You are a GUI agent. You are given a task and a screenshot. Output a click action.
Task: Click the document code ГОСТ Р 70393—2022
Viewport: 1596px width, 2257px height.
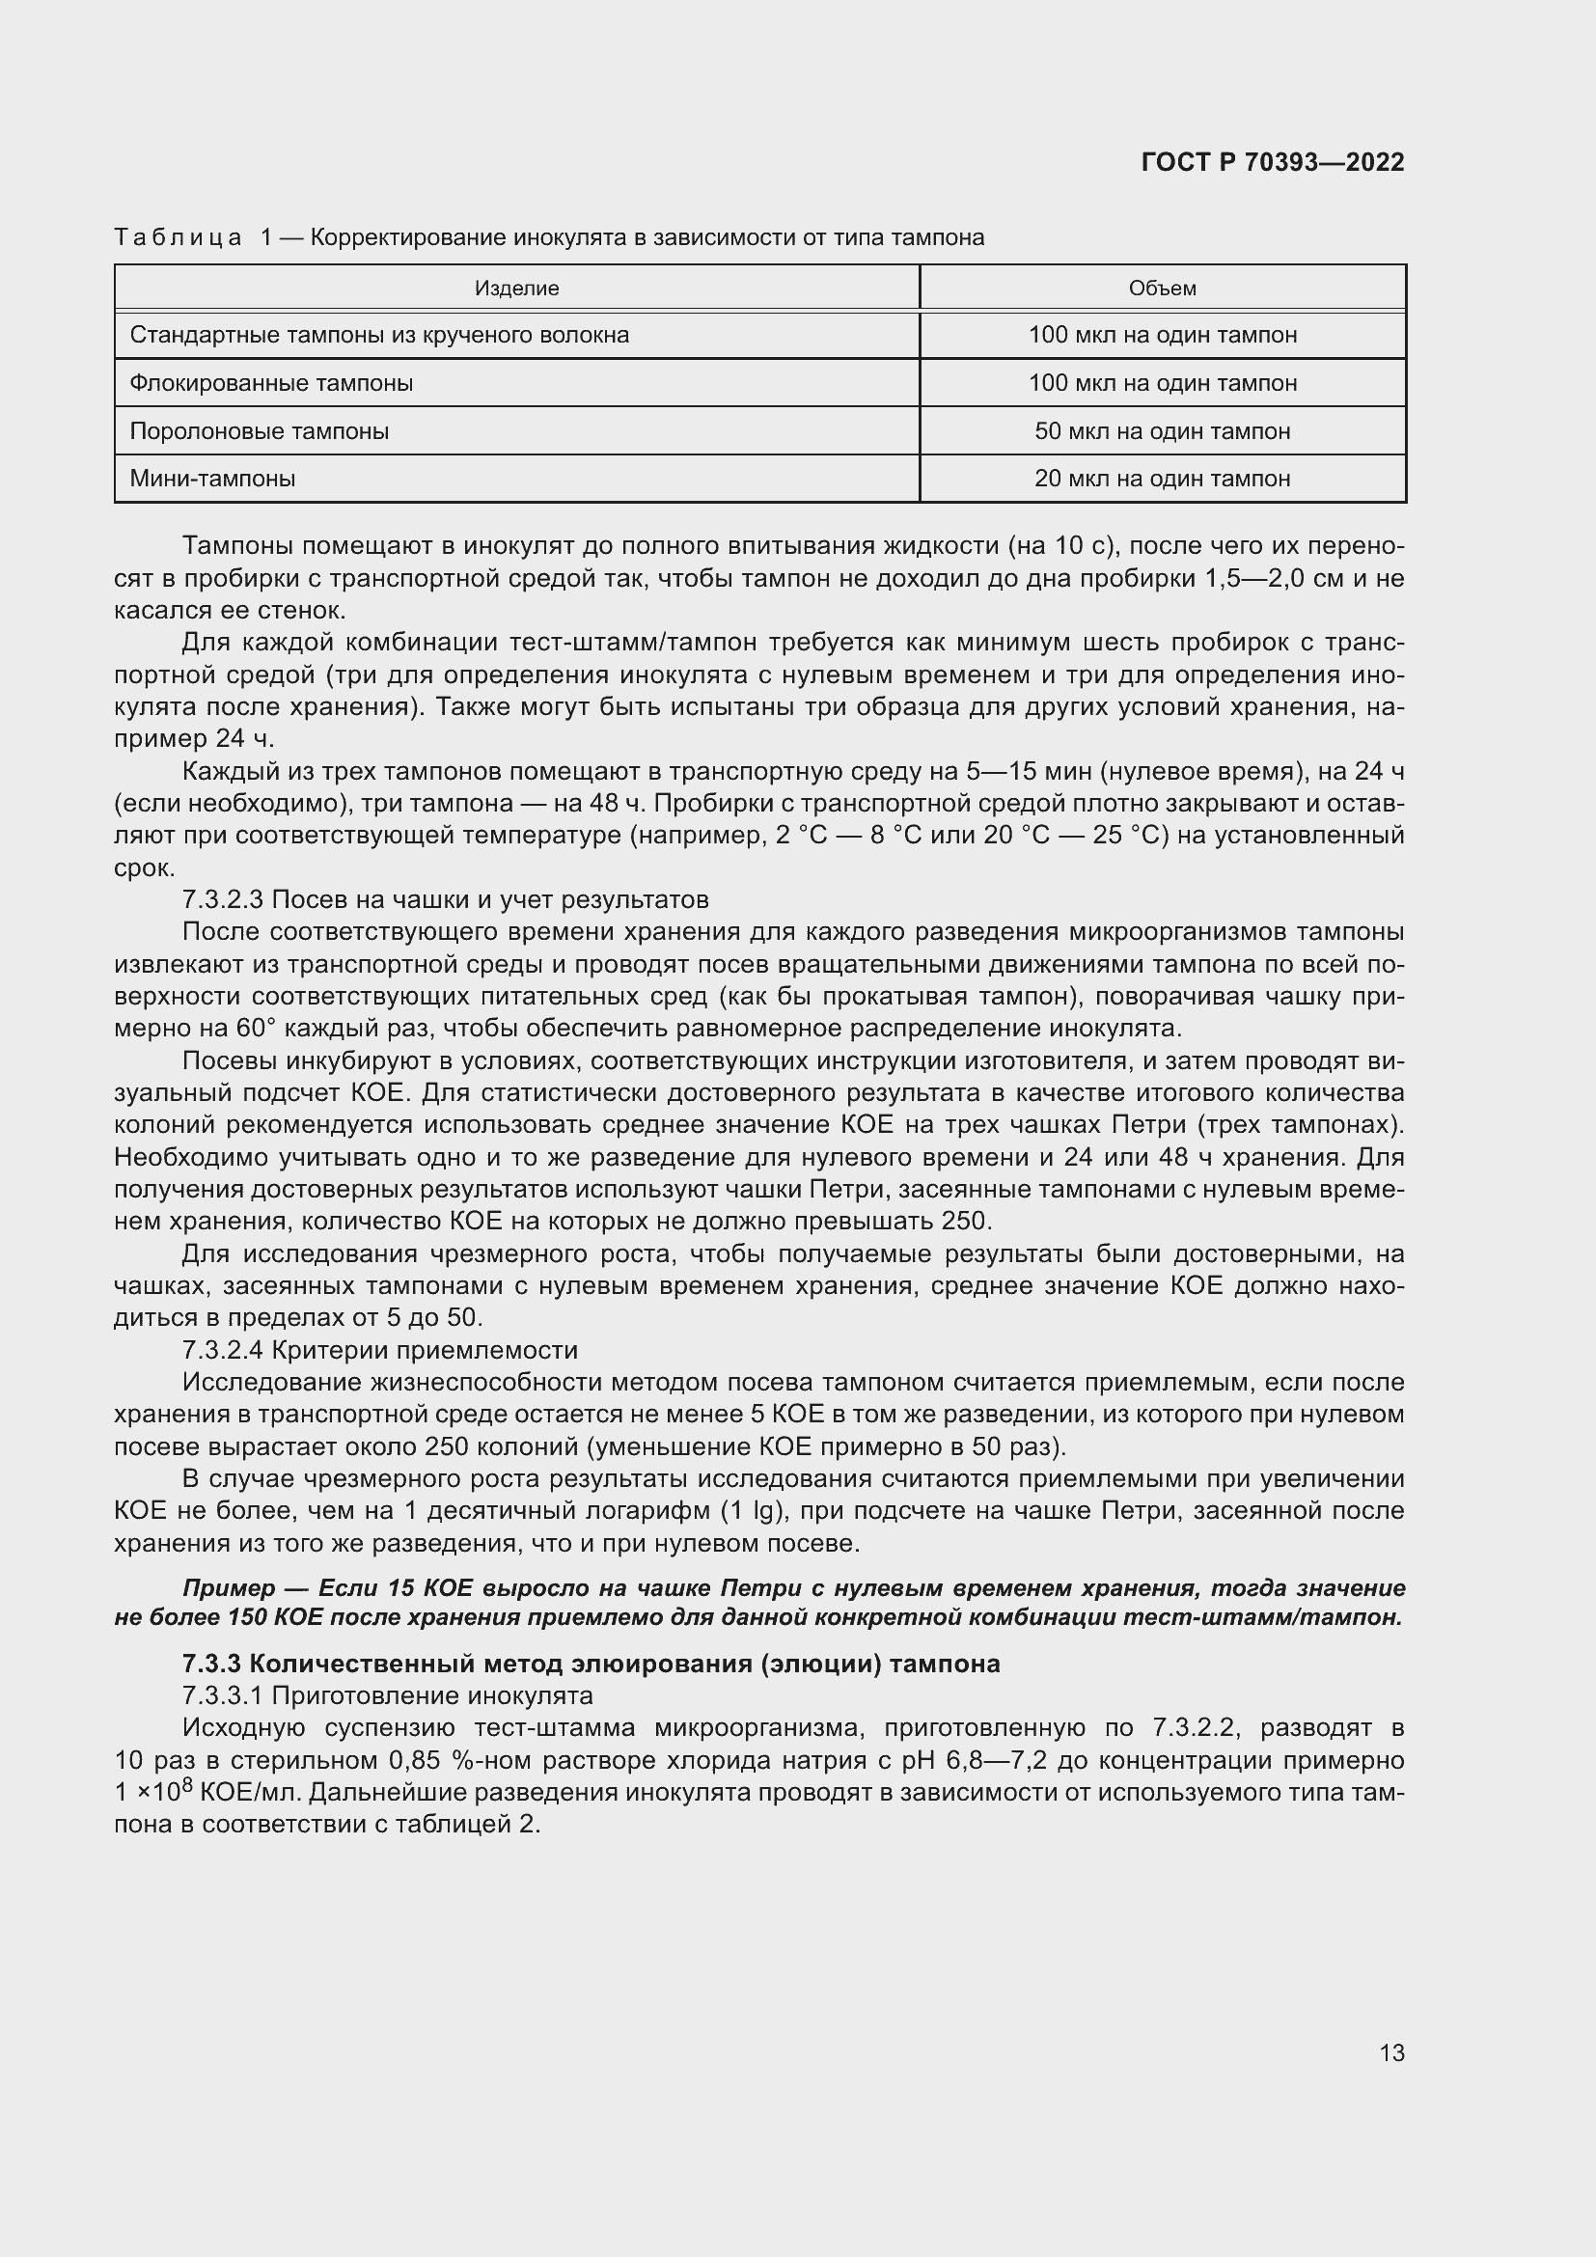[1273, 162]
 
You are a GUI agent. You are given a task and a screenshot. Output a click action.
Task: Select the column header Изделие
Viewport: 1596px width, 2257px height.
[517, 288]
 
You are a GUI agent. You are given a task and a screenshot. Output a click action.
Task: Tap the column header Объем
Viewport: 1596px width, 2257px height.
[1163, 288]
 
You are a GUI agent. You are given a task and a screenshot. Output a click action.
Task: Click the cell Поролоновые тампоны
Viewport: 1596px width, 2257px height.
[260, 430]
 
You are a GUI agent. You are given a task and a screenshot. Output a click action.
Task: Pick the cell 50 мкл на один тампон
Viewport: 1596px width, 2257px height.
[1163, 430]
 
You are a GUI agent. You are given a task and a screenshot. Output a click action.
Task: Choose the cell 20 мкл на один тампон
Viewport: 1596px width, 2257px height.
[1163, 479]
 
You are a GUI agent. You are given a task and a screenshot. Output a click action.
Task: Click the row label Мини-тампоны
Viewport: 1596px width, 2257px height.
[212, 479]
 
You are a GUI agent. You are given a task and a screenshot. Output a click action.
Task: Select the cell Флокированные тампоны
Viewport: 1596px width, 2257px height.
[271, 382]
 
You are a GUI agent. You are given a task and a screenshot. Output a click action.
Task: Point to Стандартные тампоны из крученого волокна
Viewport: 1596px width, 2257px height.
[379, 335]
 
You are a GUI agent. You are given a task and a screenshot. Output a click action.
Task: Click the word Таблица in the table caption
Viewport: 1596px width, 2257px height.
[178, 238]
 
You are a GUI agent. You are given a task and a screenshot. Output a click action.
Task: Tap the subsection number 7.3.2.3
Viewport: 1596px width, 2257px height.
[223, 899]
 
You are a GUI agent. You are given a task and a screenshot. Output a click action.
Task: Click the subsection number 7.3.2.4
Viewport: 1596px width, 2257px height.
[223, 1350]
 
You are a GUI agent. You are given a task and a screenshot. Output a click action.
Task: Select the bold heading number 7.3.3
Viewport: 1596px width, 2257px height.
[211, 1664]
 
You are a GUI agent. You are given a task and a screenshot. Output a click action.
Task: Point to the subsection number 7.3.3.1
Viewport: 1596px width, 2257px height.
[223, 1695]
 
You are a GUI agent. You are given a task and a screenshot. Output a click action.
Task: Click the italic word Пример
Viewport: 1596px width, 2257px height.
[229, 1588]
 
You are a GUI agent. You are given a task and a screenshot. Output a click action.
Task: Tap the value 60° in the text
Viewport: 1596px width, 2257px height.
[257, 1029]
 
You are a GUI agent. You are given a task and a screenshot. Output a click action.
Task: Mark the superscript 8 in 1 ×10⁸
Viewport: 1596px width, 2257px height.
[188, 1782]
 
